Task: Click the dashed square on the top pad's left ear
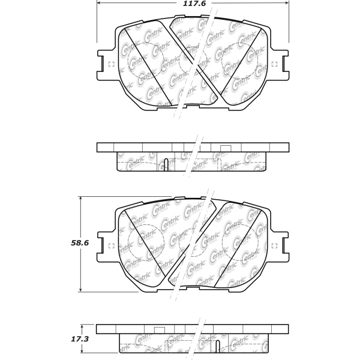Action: point(111,65)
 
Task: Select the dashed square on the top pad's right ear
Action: point(275,65)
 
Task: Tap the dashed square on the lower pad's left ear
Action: point(111,245)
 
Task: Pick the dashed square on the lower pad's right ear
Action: point(275,245)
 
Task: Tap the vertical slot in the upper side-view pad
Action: point(164,163)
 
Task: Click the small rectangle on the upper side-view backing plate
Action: point(226,148)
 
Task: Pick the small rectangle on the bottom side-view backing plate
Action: point(160,329)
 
